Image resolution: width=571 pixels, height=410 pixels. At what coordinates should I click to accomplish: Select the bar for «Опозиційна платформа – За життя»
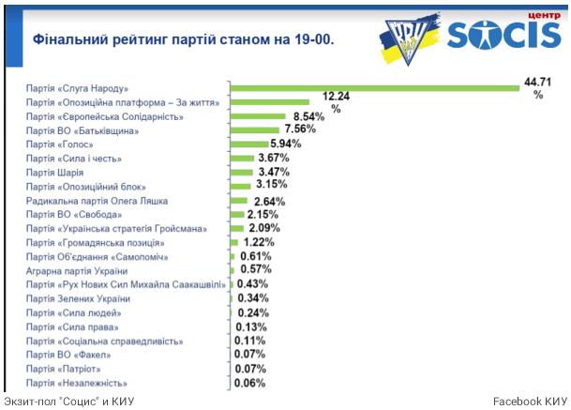pyautogui.click(x=270, y=102)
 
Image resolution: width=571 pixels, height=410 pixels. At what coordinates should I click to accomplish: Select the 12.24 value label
pyautogui.click(x=336, y=97)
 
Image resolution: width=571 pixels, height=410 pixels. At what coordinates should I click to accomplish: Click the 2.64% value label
pyautogui.click(x=267, y=201)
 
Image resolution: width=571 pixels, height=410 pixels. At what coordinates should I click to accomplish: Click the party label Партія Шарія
pyautogui.click(x=55, y=173)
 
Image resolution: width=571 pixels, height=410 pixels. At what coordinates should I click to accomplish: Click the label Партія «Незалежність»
pyautogui.click(x=77, y=383)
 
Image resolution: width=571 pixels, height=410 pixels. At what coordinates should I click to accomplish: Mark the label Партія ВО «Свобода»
pyautogui.click(x=72, y=215)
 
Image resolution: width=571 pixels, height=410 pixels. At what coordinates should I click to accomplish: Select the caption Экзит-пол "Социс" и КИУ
pyautogui.click(x=69, y=402)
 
